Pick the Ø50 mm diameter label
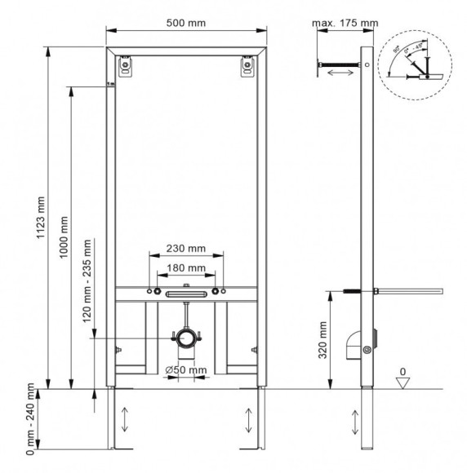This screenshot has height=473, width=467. (x=186, y=370)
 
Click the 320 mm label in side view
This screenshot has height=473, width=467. (x=322, y=339)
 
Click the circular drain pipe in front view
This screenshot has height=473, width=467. (x=187, y=338)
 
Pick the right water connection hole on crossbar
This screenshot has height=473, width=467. (x=217, y=292)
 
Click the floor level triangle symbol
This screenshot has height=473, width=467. (x=402, y=382)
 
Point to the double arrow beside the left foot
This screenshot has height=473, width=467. (x=124, y=421)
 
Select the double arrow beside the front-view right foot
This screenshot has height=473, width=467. (x=248, y=421)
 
